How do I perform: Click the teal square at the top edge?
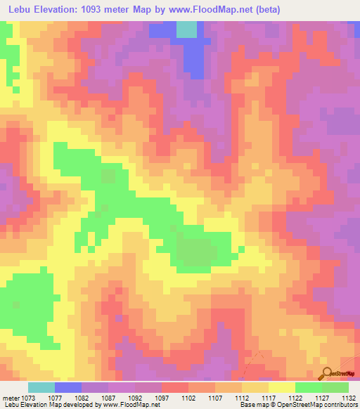pyautogui.click(x=186, y=29)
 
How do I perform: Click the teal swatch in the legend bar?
pyautogui.click(x=41, y=387)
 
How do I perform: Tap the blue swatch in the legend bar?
pyautogui.click(x=68, y=387)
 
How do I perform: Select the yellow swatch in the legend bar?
pyautogui.click(x=282, y=387)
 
